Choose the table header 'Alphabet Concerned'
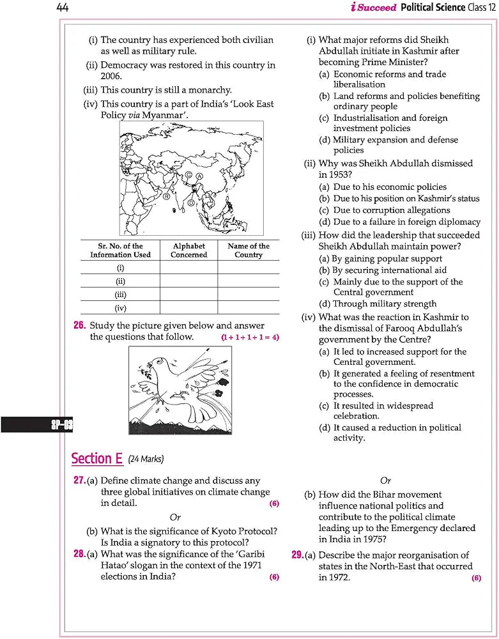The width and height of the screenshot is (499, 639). tap(188, 250)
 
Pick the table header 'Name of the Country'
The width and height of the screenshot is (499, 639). tap(249, 250)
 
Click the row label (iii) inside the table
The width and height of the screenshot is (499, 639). tap(120, 295)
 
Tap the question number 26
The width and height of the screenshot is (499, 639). tap(79, 325)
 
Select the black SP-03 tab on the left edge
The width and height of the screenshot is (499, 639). tap(36, 424)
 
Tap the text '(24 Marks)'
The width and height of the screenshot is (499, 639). tap(146, 459)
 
